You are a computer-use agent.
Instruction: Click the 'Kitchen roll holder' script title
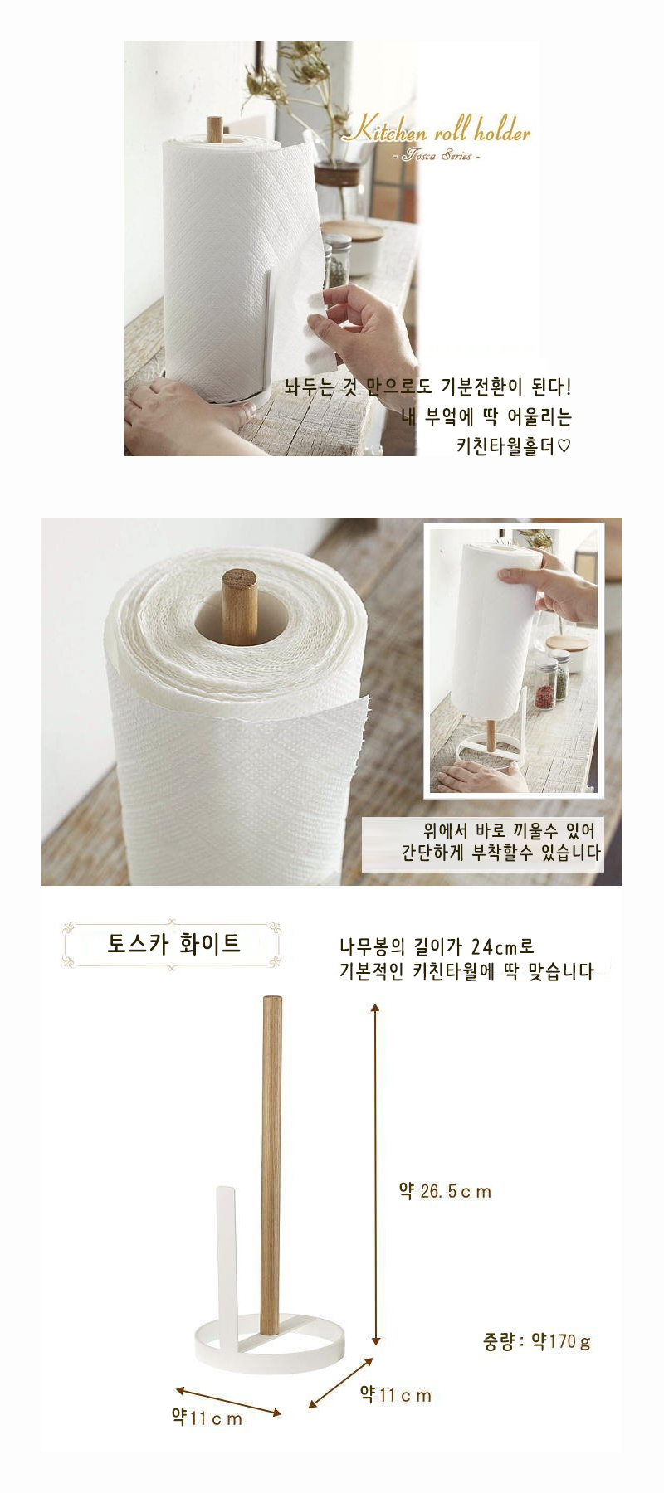coord(437,131)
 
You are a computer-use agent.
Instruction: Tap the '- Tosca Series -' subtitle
coord(435,156)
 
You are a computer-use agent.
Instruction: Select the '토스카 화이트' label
coord(173,944)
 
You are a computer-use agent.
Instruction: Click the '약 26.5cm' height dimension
coord(445,1191)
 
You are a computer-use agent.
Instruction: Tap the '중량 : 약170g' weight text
coord(537,1341)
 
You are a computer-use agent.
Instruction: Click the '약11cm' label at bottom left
coord(207,1418)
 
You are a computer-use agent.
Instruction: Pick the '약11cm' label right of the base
coord(395,1394)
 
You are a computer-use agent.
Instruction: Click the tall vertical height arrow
coord(375,1174)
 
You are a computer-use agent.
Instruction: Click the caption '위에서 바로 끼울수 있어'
coord(510,831)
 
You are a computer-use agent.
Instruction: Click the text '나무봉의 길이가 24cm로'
coord(437,946)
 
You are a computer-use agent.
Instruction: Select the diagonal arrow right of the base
coord(340,1383)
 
